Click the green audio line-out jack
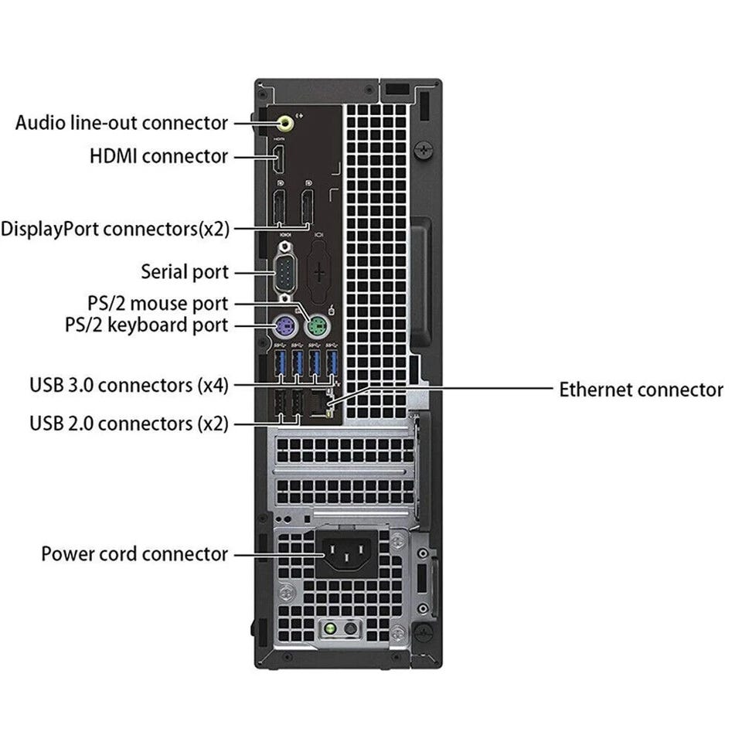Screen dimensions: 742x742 click(285, 121)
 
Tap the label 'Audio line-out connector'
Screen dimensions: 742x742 click(122, 122)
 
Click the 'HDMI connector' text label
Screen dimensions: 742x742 click(158, 156)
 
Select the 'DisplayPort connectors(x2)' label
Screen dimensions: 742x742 click(115, 228)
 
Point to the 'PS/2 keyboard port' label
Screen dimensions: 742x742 click(146, 325)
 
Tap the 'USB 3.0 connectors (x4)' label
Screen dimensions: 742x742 click(129, 384)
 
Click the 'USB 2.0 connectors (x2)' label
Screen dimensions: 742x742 click(129, 423)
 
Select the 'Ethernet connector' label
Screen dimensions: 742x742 click(641, 390)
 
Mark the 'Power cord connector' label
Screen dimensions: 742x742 click(134, 553)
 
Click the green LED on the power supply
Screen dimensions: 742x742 click(332, 629)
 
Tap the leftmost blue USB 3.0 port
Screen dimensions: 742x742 click(280, 366)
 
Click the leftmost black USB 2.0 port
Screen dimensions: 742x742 click(280, 404)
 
